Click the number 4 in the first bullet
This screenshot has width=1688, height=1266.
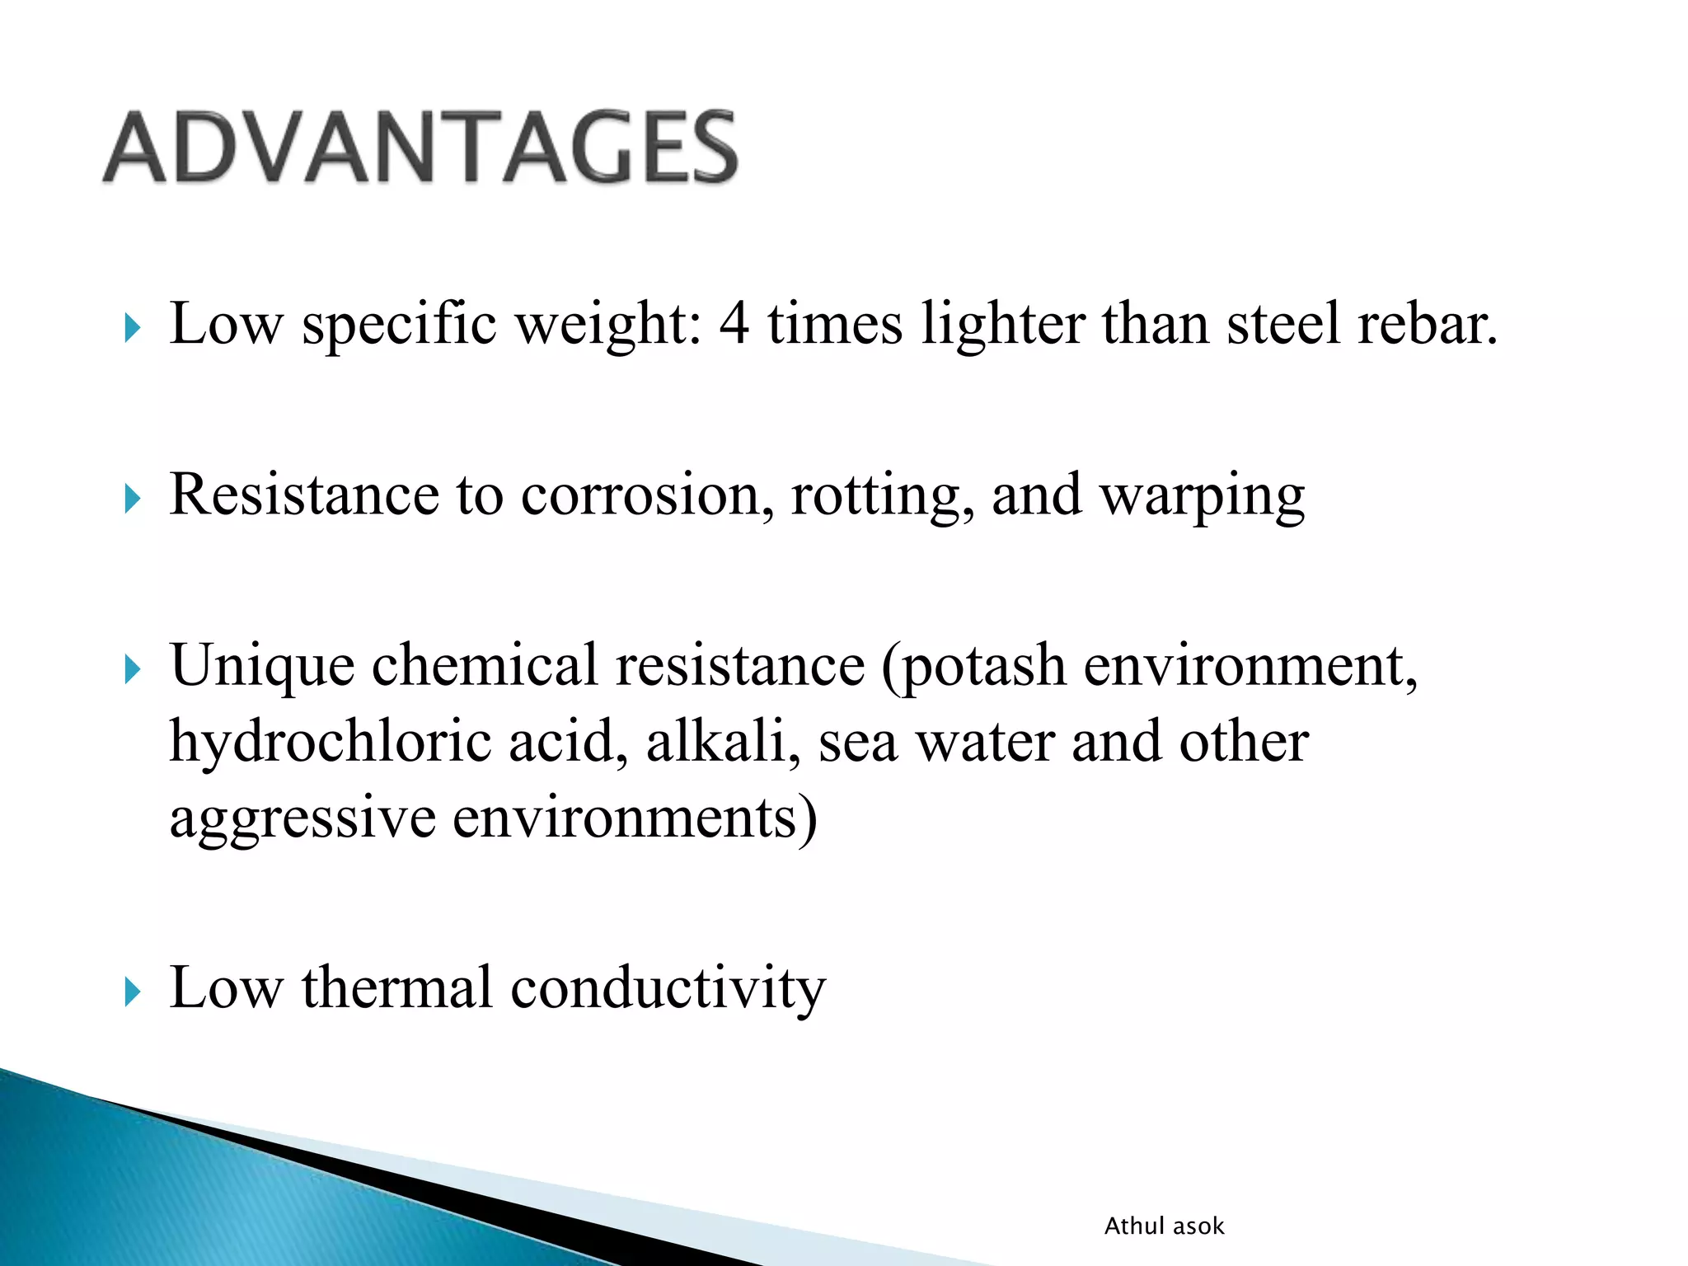pyautogui.click(x=734, y=323)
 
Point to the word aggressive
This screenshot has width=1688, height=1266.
pyautogui.click(x=302, y=819)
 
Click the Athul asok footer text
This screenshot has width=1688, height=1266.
pyautogui.click(x=1164, y=1226)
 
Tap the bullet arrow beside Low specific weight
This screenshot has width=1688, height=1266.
pyautogui.click(x=133, y=328)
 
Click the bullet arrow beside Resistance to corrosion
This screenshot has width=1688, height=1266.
pyautogui.click(x=133, y=499)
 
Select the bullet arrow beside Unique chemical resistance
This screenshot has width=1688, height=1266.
pyautogui.click(x=133, y=669)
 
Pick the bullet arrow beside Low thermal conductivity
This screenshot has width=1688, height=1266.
pyautogui.click(x=133, y=992)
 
